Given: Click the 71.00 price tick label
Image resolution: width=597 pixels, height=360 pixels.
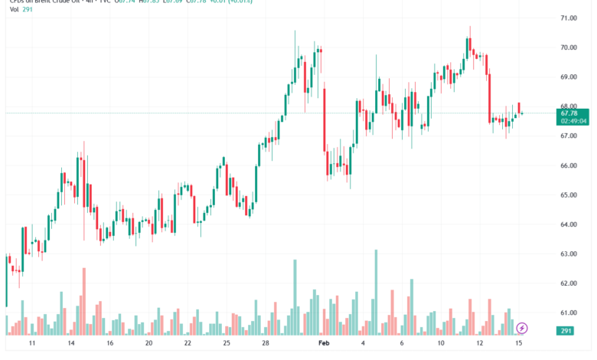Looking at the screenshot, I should [x=568, y=18].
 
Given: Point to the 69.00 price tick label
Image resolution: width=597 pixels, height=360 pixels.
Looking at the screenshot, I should [x=568, y=77].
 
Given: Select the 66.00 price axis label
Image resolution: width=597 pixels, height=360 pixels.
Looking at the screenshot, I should [x=568, y=165].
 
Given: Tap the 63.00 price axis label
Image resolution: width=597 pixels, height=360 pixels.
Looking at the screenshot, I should [x=568, y=254].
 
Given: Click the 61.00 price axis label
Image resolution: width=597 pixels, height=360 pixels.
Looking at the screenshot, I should [x=568, y=313].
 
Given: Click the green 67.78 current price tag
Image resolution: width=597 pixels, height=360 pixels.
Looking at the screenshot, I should [x=568, y=113].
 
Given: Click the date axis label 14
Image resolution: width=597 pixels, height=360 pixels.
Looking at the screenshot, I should [x=71, y=344].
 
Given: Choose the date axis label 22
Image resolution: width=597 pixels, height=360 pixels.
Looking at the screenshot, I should [x=188, y=344].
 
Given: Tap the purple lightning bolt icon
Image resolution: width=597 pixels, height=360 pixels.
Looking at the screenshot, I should [x=522, y=328].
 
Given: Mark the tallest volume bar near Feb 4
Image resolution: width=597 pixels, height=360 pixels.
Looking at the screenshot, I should [x=376, y=292].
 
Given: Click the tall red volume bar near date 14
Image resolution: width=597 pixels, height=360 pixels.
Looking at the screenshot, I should [x=83, y=301].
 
